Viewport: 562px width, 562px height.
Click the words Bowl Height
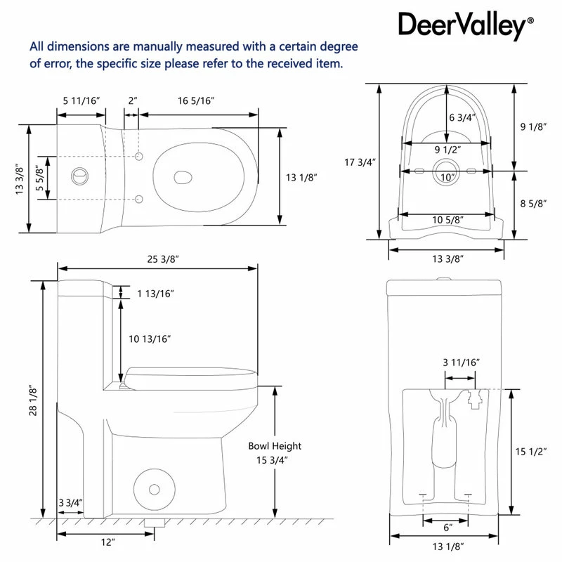275,445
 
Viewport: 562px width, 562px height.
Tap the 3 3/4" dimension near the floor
71,502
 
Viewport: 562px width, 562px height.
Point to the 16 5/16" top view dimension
191,101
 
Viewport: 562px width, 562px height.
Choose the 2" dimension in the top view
133,101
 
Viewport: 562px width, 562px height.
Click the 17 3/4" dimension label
360,162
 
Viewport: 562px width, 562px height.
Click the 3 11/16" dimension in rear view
461,362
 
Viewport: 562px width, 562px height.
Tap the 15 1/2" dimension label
532,452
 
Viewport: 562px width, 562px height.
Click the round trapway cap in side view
150,485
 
